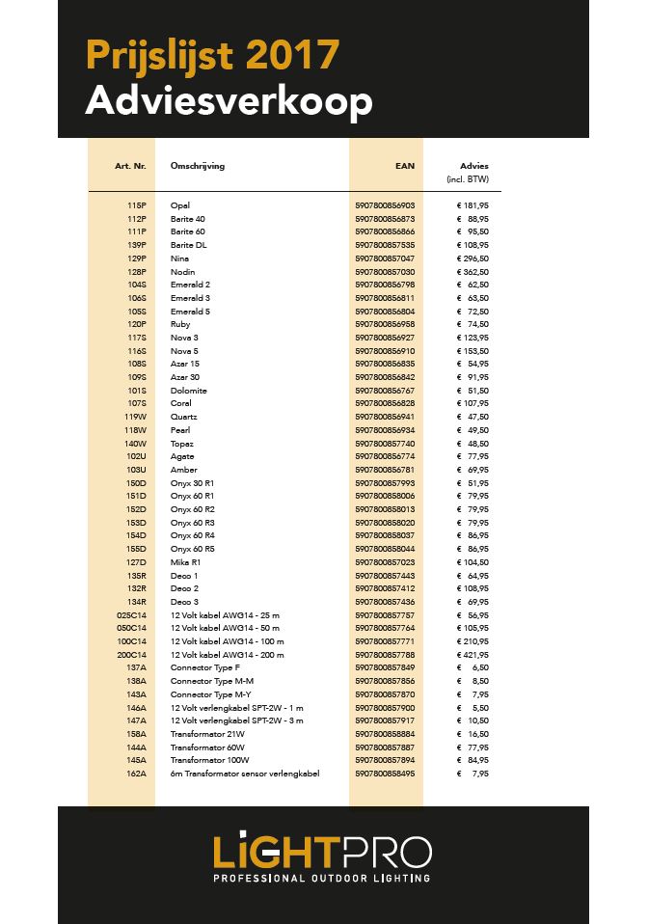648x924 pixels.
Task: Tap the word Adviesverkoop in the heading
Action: (x=229, y=101)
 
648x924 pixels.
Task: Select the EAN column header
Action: (x=405, y=166)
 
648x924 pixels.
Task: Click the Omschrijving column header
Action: (x=197, y=166)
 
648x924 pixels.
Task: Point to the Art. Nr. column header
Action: (x=130, y=166)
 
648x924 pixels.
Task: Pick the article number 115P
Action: (x=136, y=205)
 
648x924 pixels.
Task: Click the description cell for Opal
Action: (x=179, y=205)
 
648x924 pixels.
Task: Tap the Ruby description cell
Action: (x=180, y=325)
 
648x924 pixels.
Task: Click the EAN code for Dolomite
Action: (x=385, y=391)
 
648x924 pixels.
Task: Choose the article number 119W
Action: (x=135, y=417)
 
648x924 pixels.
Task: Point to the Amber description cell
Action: (x=183, y=470)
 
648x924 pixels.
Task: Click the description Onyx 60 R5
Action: (x=193, y=549)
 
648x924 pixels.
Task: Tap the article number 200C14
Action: (x=131, y=654)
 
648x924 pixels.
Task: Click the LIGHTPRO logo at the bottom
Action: (x=323, y=852)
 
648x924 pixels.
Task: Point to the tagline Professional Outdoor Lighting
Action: (x=322, y=879)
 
